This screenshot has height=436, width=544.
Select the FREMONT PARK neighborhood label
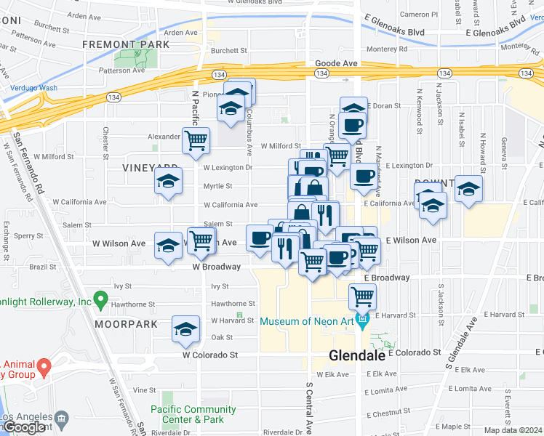click(126, 44)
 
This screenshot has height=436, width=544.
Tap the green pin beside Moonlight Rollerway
click(101, 299)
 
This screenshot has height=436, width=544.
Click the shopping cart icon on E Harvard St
click(362, 296)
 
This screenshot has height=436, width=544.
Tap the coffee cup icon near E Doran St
click(353, 124)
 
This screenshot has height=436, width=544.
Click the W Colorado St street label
click(210, 355)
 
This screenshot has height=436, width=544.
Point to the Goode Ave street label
click(336, 64)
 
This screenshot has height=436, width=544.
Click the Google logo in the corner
click(25, 428)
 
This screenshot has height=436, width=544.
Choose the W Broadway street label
click(216, 267)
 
